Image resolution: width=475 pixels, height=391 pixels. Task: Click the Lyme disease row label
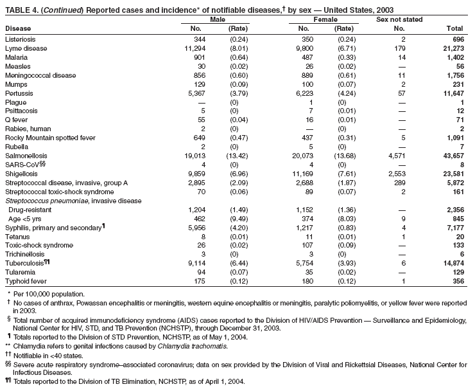pos(26,48)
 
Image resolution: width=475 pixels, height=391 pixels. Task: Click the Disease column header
pos(17,29)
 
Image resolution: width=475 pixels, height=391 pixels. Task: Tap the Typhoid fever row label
pos(25,281)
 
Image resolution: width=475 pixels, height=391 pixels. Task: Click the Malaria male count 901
pos(197,57)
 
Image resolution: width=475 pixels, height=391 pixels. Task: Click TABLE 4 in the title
pos(22,10)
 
